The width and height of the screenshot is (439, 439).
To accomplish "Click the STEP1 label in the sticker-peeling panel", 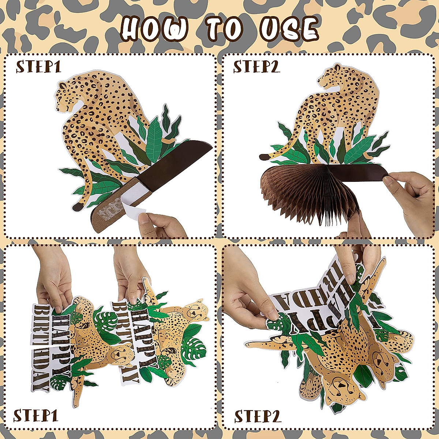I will (38, 67).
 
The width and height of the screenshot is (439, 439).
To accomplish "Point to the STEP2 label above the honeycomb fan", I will (256, 67).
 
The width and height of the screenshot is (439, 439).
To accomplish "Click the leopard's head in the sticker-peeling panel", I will (66, 95).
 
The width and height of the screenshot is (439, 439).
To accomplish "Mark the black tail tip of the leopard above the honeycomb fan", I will (263, 157).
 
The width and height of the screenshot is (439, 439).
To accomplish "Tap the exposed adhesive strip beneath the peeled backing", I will (106, 212).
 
